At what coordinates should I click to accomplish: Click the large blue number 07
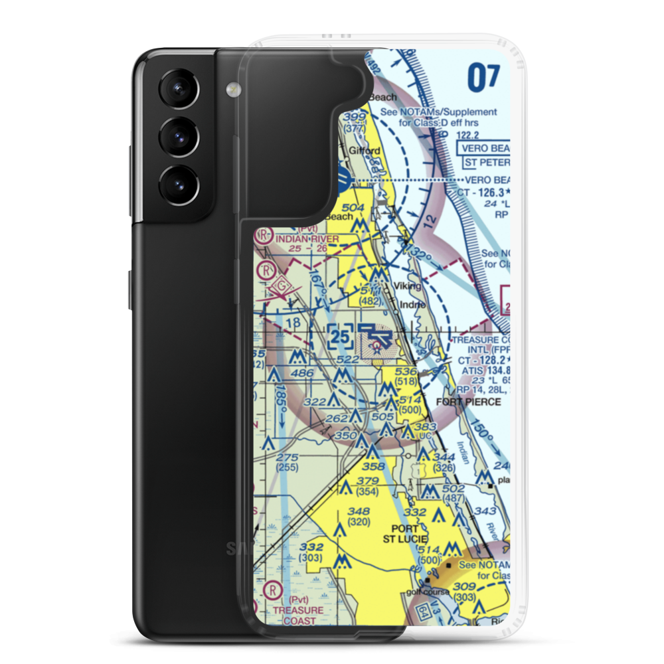[x=483, y=78]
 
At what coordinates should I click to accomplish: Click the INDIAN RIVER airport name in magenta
[x=307, y=238]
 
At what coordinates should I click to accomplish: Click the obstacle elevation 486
[x=302, y=374]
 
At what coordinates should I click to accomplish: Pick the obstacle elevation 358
[x=373, y=467]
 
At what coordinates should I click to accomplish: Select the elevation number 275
[x=288, y=457]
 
